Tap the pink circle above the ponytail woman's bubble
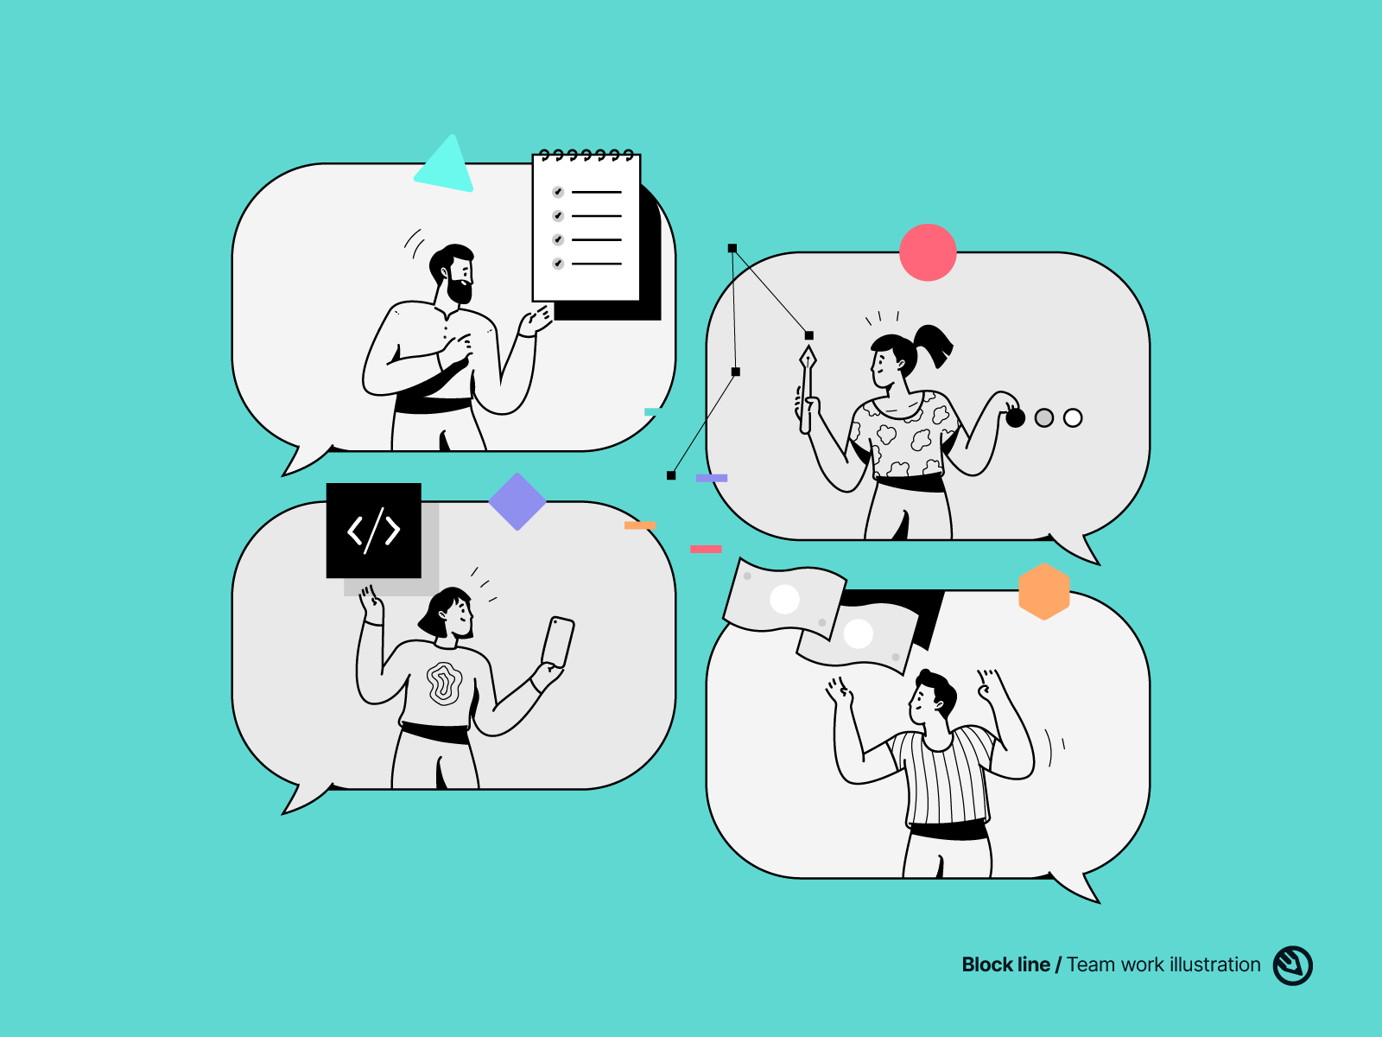point(928,252)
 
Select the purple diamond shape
point(517,502)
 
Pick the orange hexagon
point(1044,592)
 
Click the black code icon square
point(373,530)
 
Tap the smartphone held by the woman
point(558,641)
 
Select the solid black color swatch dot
point(1016,418)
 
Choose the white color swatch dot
point(1073,418)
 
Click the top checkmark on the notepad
point(558,192)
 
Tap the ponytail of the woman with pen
point(933,344)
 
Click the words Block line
point(1005,964)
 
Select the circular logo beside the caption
point(1292,965)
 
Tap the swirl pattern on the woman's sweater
point(444,684)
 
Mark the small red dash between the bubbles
point(706,549)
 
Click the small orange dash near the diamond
point(640,525)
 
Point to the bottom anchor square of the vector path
point(671,475)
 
